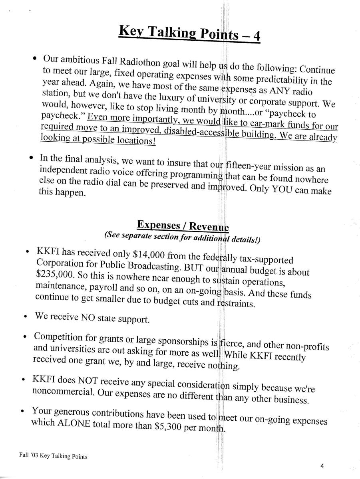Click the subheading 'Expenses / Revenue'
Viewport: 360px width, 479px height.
[x=183, y=225]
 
